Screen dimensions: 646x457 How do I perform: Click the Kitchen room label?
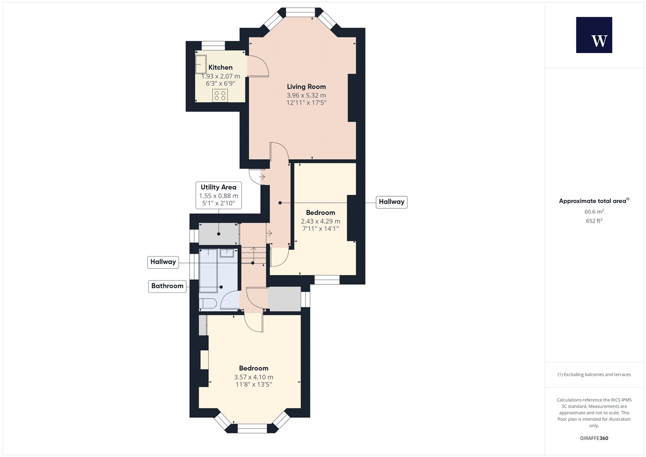pyautogui.click(x=221, y=67)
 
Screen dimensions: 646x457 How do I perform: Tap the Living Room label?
pyautogui.click(x=306, y=87)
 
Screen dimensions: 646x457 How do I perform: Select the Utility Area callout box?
pyautogui.click(x=219, y=195)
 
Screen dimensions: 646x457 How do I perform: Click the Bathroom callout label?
pyautogui.click(x=167, y=286)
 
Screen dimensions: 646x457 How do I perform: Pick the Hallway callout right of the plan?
pyautogui.click(x=391, y=202)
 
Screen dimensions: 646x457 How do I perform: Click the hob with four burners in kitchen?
pyautogui.click(x=220, y=96)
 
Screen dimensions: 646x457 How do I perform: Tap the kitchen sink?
pyautogui.click(x=201, y=64)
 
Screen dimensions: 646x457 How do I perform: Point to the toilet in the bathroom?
pyautogui.click(x=207, y=304)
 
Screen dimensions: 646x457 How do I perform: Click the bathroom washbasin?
pyautogui.click(x=227, y=253)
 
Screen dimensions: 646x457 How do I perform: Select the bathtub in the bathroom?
pyautogui.click(x=208, y=271)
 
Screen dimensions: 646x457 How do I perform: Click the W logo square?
pyautogui.click(x=594, y=35)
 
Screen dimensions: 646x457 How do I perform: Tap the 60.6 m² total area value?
pyautogui.click(x=594, y=211)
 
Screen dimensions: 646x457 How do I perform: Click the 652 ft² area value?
pyautogui.click(x=594, y=221)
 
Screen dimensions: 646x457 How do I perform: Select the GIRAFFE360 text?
pyautogui.click(x=594, y=438)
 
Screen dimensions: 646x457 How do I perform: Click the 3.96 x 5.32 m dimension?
pyautogui.click(x=306, y=95)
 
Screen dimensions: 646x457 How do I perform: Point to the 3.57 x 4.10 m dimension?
pyautogui.click(x=253, y=377)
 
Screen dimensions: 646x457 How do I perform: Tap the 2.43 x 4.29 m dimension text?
pyautogui.click(x=320, y=221)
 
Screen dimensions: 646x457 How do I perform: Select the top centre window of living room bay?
pyautogui.click(x=300, y=13)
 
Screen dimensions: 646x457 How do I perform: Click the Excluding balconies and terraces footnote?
pyautogui.click(x=594, y=374)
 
